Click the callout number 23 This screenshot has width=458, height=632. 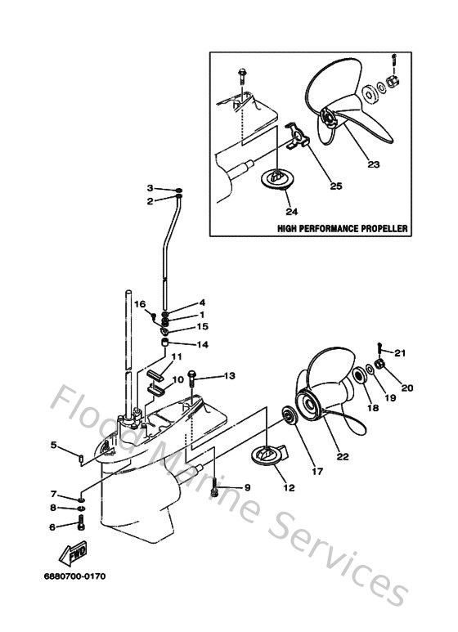pos(373,164)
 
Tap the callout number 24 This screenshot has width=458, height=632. pos(276,208)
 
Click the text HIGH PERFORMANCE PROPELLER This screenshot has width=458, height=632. pos(343,229)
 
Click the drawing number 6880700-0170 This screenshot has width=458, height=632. pos(74,576)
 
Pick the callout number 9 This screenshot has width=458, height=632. pos(246,487)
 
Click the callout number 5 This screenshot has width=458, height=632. pos(53,445)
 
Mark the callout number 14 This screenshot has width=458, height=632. pos(202,344)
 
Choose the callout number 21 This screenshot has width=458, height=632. pos(399,353)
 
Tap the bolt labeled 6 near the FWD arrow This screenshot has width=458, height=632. pos(80,527)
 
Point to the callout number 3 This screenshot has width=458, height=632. pos(150,189)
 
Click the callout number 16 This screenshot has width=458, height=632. pos(140,303)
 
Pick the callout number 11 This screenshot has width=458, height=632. pos(177,356)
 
